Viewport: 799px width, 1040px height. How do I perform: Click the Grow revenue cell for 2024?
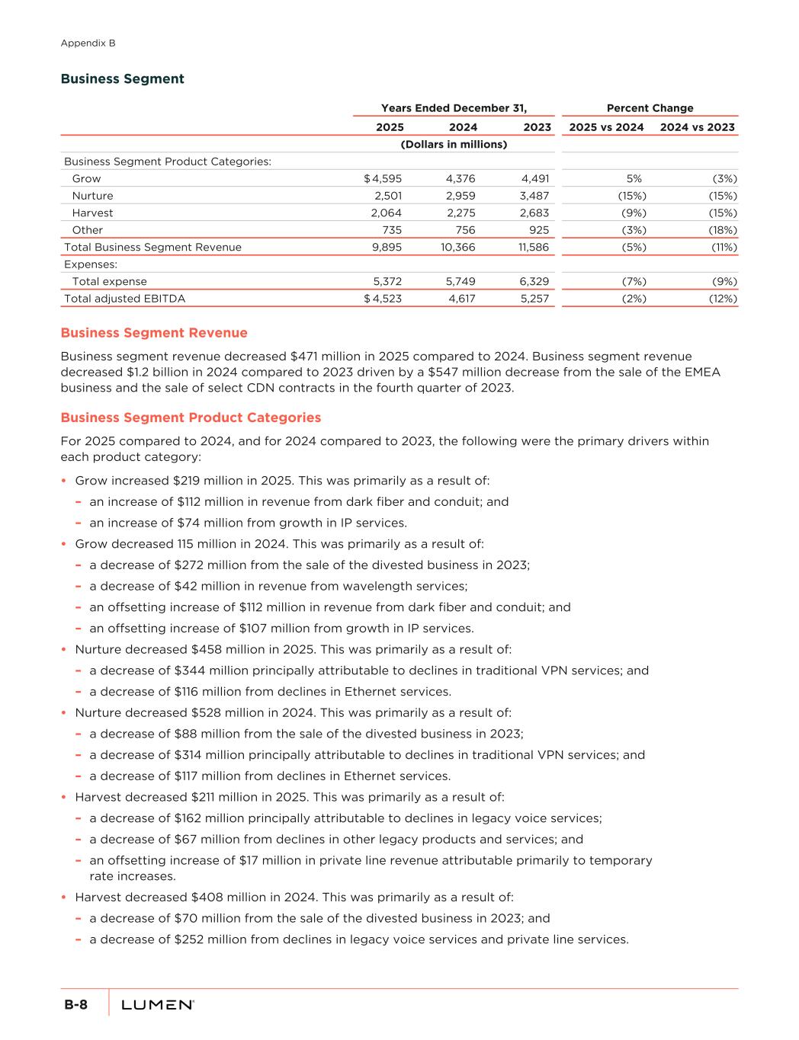click(460, 179)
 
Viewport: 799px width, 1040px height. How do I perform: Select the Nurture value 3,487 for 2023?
click(534, 196)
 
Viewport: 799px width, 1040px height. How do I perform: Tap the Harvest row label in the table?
click(92, 213)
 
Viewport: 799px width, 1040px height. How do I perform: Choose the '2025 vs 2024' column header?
click(606, 127)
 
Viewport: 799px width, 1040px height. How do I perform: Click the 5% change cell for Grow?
click(634, 179)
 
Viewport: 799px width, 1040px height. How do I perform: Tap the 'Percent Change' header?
click(650, 108)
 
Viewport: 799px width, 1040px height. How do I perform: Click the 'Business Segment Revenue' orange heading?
click(154, 333)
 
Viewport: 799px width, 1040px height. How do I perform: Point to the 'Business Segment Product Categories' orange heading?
click(191, 418)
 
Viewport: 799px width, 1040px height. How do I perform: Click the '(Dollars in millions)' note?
click(454, 144)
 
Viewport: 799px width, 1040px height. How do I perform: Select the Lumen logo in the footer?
click(158, 1005)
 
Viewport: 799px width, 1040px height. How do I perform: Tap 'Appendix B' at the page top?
click(88, 43)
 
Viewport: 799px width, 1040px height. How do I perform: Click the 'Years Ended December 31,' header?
click(454, 108)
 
